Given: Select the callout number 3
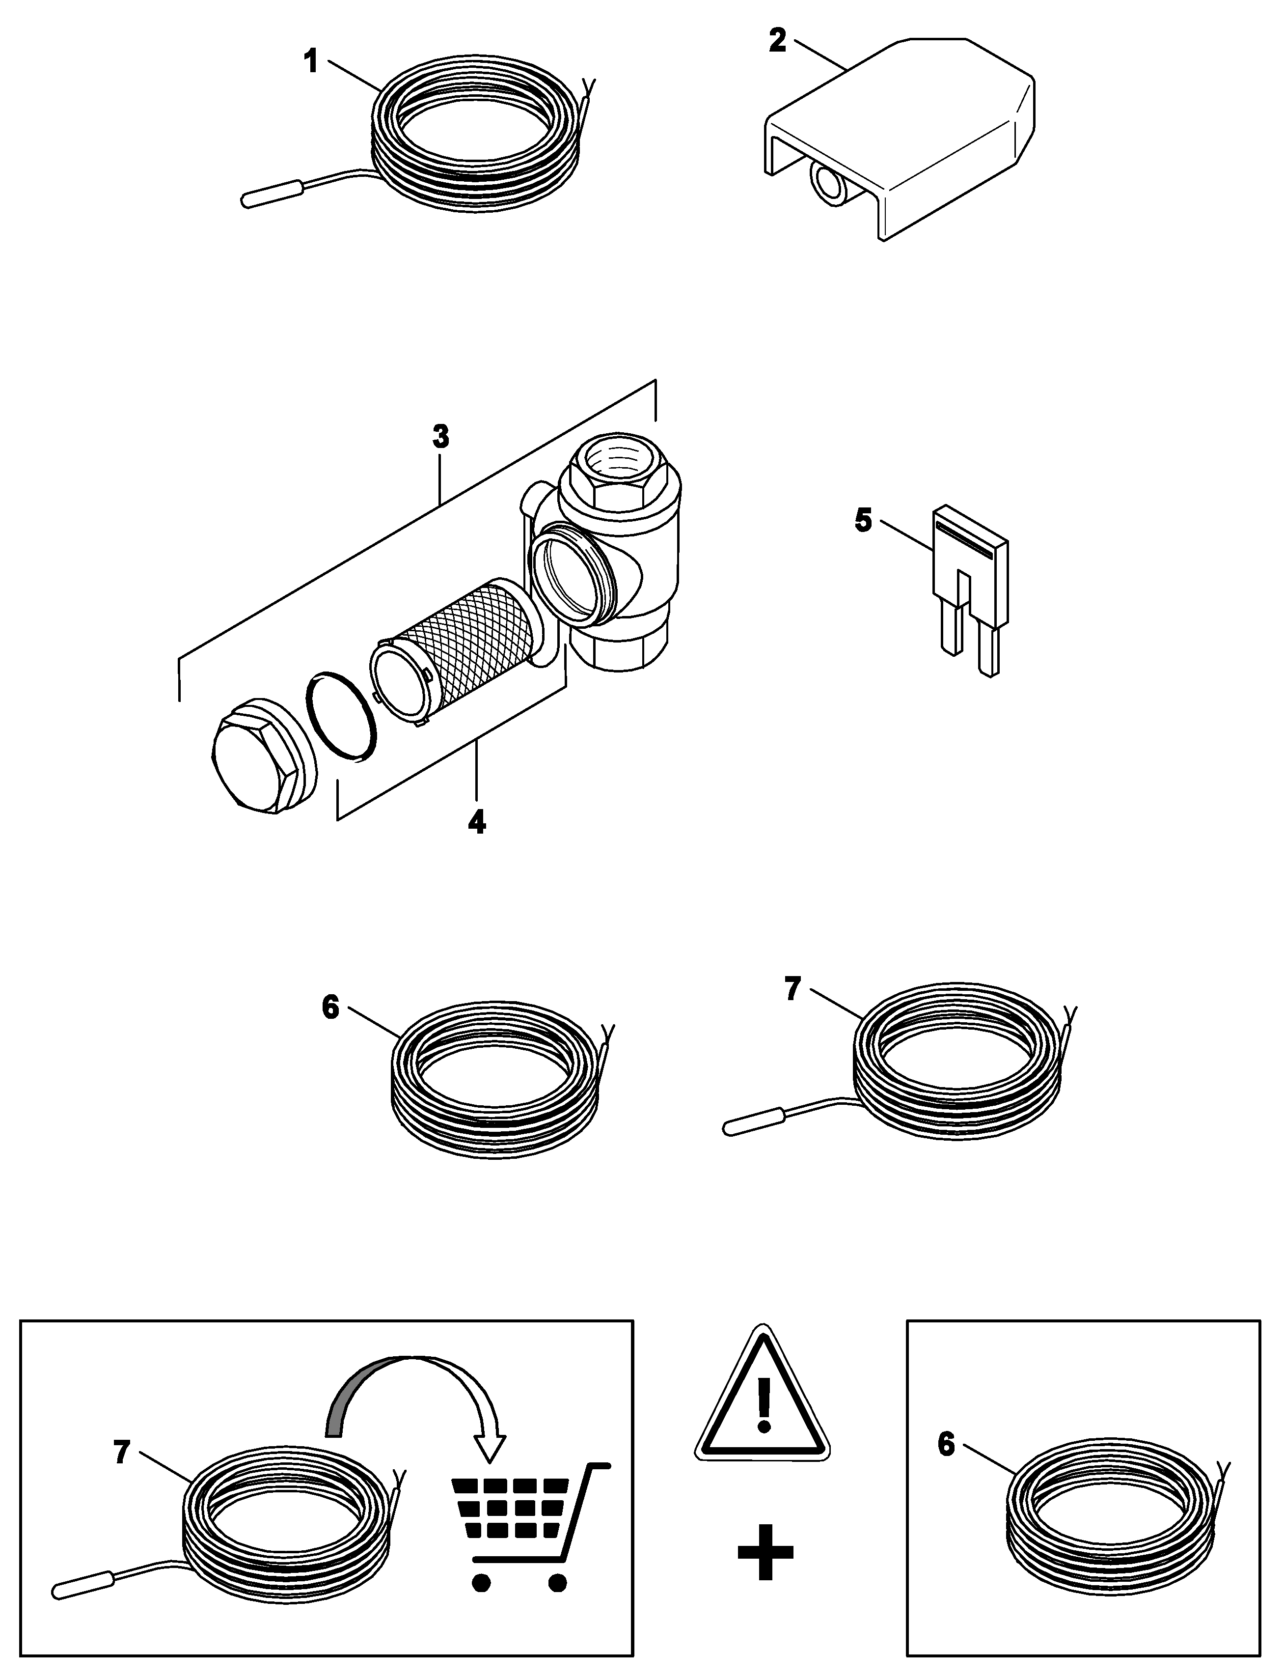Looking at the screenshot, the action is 440,437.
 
